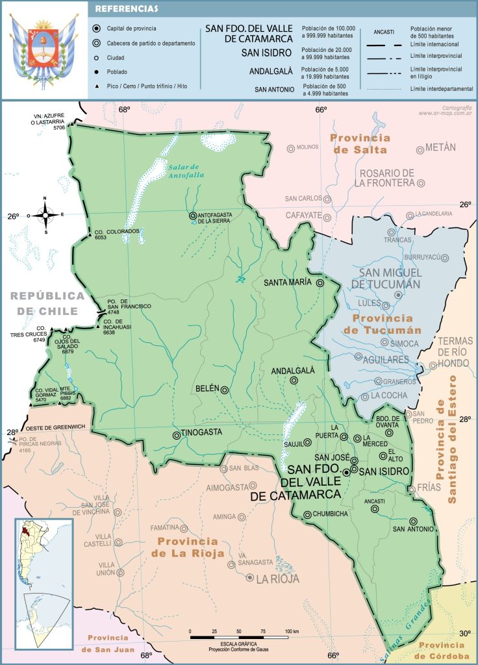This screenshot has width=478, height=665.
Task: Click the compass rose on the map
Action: pyautogui.click(x=45, y=214)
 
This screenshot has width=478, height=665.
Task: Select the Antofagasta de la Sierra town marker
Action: pyautogui.click(x=192, y=216)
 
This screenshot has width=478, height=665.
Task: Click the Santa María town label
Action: pyautogui.click(x=288, y=283)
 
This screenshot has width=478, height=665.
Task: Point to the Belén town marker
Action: pyautogui.click(x=225, y=390)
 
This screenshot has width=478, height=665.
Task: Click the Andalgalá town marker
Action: pyautogui.click(x=294, y=381)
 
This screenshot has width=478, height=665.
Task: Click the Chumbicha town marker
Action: pyautogui.click(x=307, y=515)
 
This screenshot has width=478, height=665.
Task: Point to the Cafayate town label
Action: pyautogui.click(x=303, y=215)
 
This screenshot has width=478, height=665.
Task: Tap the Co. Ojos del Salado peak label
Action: pyautogui.click(x=68, y=345)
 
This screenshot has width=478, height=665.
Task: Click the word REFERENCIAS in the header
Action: pyautogui.click(x=127, y=9)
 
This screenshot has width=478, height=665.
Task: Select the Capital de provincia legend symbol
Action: pyautogui.click(x=97, y=29)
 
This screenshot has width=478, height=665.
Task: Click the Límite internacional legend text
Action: pyautogui.click(x=434, y=44)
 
